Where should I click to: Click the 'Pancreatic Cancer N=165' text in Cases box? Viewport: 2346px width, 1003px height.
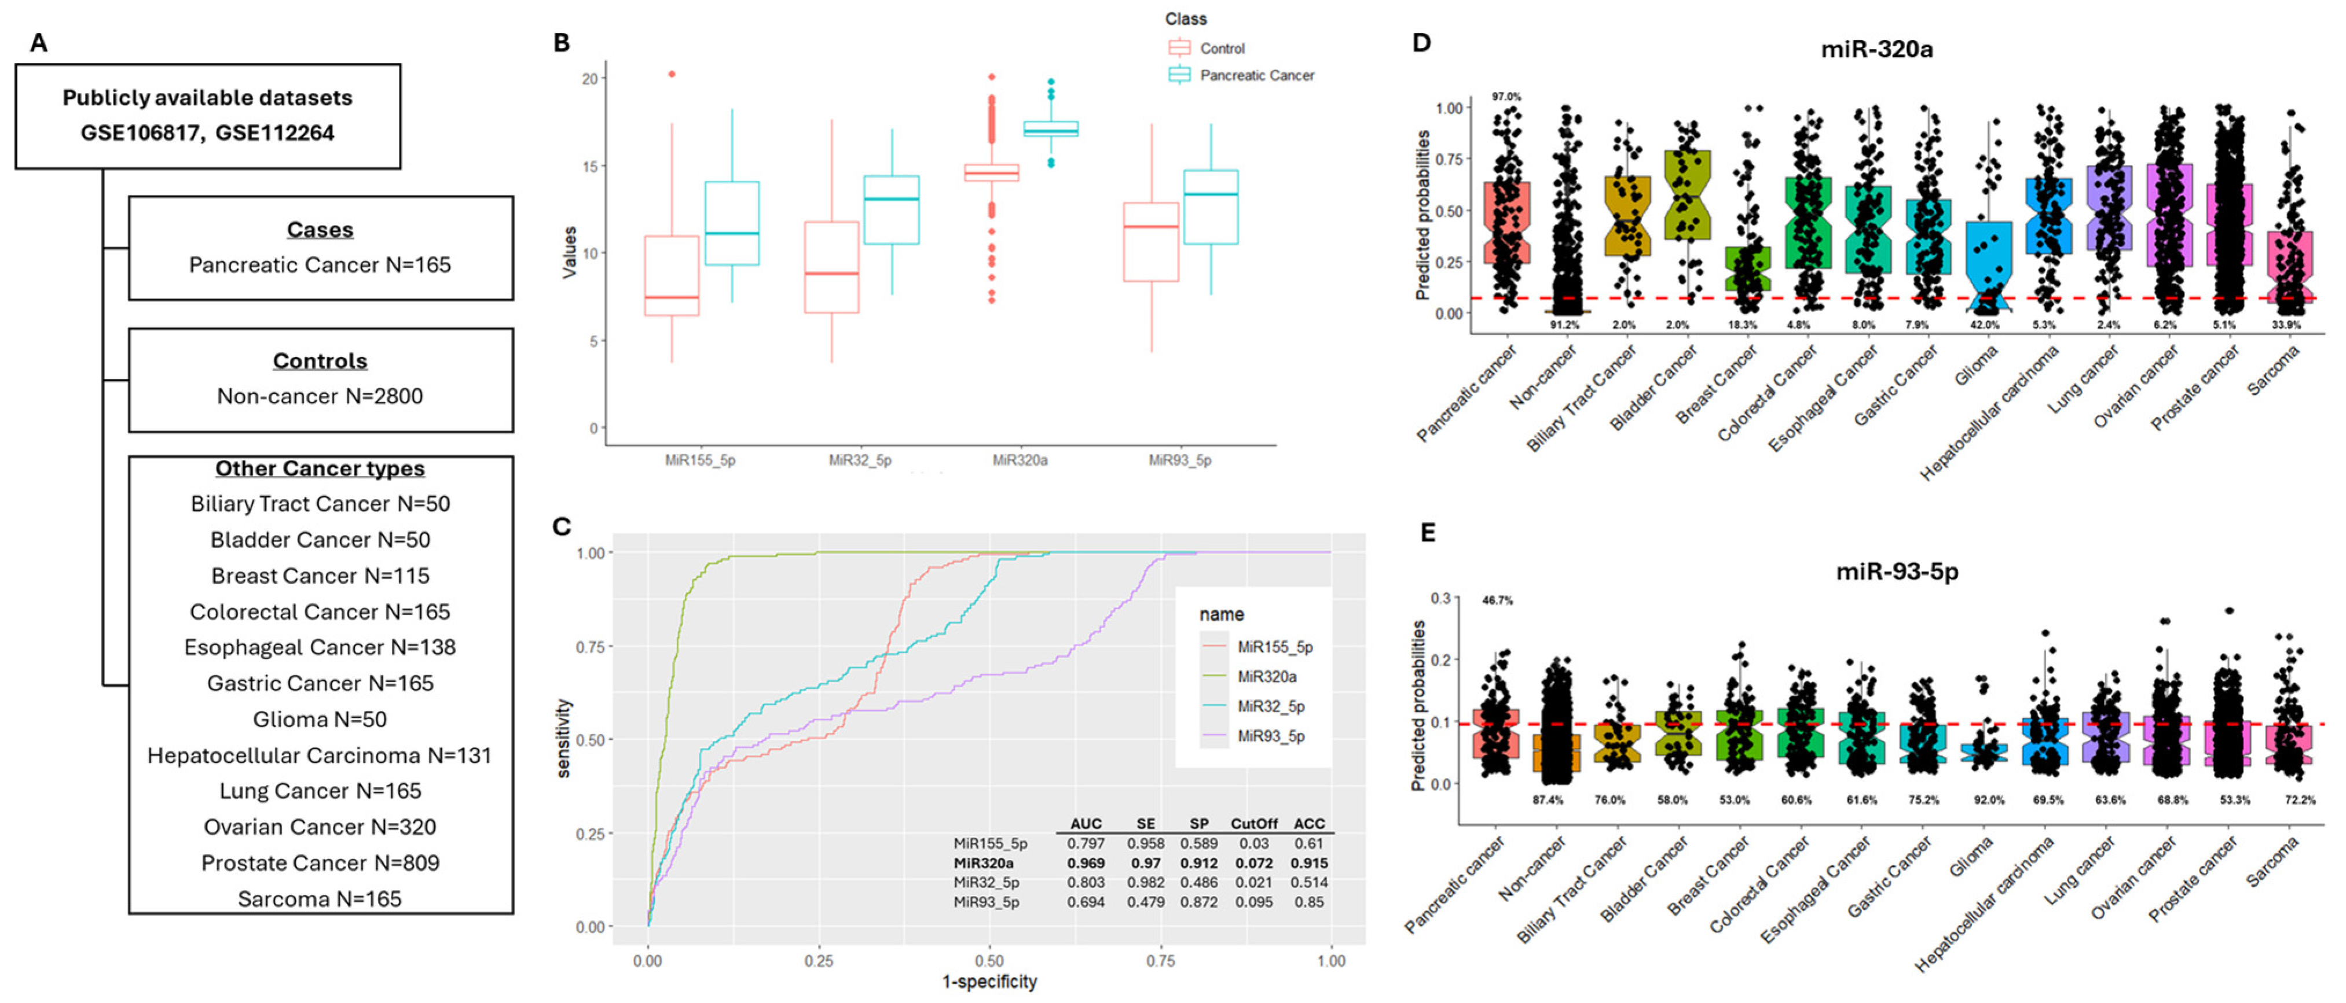click(320, 265)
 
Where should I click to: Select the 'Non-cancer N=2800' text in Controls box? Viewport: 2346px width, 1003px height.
click(320, 396)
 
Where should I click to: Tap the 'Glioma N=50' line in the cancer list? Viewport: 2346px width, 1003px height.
click(320, 719)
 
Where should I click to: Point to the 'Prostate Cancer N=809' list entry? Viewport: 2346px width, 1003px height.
click(320, 863)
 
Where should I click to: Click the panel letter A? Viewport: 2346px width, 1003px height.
click(38, 43)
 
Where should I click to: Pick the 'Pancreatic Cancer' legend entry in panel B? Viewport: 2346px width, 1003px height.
click(1256, 76)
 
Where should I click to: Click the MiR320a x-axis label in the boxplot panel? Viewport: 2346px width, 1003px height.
click(1019, 460)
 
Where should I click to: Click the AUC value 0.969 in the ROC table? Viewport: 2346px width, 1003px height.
click(1086, 863)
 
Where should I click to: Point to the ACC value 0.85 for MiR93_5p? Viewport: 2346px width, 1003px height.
click(1308, 902)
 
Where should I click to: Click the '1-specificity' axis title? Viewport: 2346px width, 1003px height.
click(989, 981)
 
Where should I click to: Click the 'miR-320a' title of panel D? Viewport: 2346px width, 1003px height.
click(1876, 49)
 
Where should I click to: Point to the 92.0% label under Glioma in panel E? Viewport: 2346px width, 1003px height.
click(1988, 800)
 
